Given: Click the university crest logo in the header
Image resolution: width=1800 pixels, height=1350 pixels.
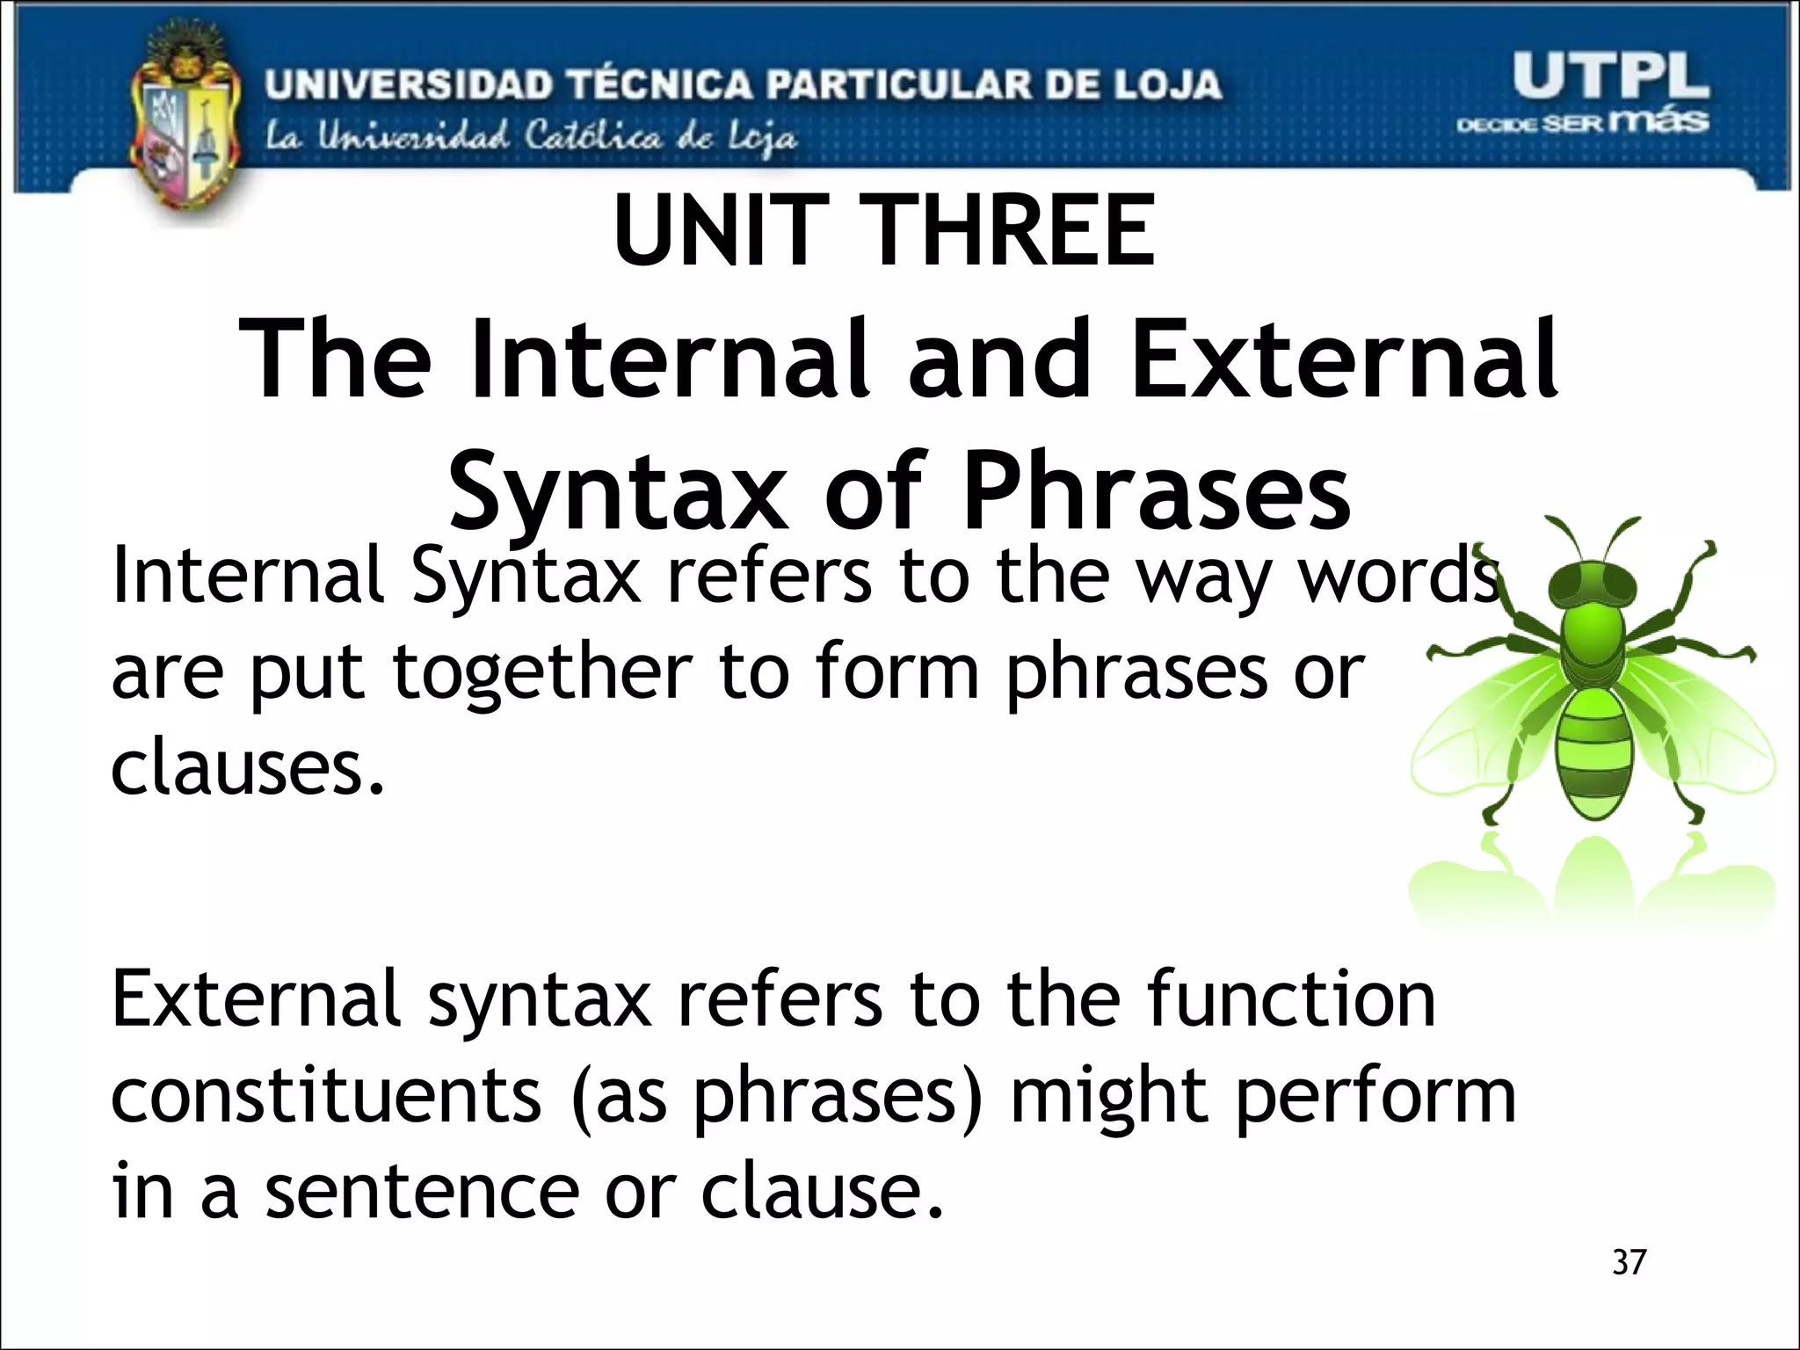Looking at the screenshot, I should coord(185,123).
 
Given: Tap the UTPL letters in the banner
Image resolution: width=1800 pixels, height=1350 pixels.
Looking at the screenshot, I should coord(1610,76).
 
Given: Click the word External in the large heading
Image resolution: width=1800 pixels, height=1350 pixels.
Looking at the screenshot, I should coord(1344,360).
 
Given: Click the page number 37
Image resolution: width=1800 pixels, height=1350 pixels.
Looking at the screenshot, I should coord(1629,1262).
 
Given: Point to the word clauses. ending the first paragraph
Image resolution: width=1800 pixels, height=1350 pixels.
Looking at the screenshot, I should coord(248,768).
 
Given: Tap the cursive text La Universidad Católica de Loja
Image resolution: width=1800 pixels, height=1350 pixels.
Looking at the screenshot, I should coord(532,138).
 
